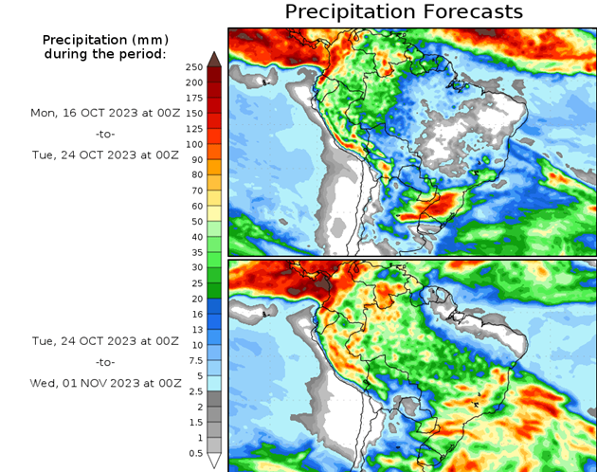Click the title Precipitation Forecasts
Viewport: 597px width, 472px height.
coord(404,12)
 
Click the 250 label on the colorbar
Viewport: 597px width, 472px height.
coord(193,66)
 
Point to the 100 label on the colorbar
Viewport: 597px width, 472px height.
coord(193,144)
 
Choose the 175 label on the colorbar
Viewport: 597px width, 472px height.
coord(193,98)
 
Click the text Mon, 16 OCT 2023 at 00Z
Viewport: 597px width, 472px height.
coord(104,112)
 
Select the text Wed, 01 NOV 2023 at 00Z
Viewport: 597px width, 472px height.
coord(104,384)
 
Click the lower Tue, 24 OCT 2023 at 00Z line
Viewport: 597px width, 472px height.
coord(104,339)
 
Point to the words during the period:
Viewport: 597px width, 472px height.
coord(104,54)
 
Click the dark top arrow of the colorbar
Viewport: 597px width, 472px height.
coord(214,59)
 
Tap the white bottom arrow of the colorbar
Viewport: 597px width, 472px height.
coord(214,461)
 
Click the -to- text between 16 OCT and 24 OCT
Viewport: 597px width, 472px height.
coord(104,134)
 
